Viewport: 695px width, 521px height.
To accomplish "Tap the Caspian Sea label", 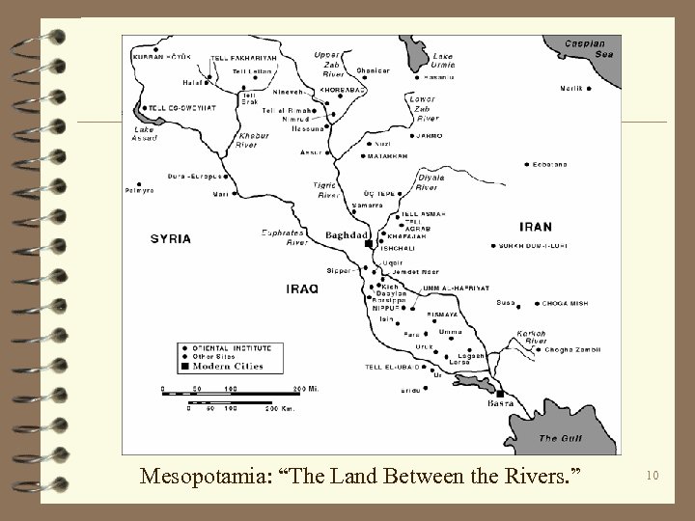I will (x=586, y=49).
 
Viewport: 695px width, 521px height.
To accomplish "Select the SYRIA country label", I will (x=170, y=238).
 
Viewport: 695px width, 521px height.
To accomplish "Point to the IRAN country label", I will (x=536, y=227).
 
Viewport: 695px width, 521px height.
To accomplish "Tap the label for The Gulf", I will (x=561, y=438).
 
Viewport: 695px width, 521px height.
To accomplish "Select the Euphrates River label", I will (x=285, y=237).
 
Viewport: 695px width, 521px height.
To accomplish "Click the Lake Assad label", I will (x=144, y=133).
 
